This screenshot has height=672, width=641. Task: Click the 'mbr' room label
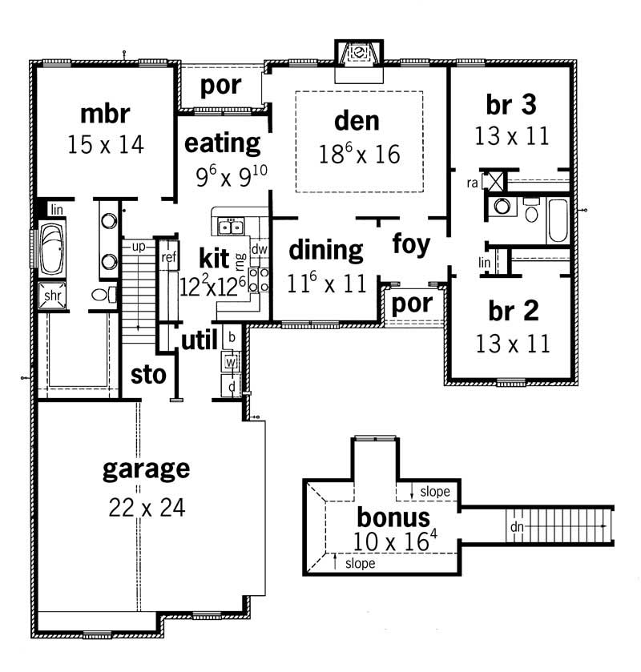pyautogui.click(x=104, y=113)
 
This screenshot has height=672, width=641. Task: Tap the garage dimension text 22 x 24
pyautogui.click(x=146, y=507)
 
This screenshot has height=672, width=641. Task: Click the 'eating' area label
pyautogui.click(x=222, y=143)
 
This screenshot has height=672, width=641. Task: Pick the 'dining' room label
pyautogui.click(x=325, y=249)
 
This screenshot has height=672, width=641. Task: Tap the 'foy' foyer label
pyautogui.click(x=411, y=243)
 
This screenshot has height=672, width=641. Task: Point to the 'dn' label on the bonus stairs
pyautogui.click(x=517, y=527)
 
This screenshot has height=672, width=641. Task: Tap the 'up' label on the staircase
pyautogui.click(x=138, y=247)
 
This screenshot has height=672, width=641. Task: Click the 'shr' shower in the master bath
pyautogui.click(x=52, y=295)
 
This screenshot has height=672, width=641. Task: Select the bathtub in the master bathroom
pyautogui.click(x=53, y=248)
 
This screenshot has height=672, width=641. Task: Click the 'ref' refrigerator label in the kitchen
pyautogui.click(x=168, y=257)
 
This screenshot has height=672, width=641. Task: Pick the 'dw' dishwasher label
pyautogui.click(x=258, y=249)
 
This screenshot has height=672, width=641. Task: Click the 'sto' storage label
pyautogui.click(x=147, y=375)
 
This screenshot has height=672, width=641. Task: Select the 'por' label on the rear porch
pyautogui.click(x=220, y=85)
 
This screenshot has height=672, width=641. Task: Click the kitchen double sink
pyautogui.click(x=232, y=227)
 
